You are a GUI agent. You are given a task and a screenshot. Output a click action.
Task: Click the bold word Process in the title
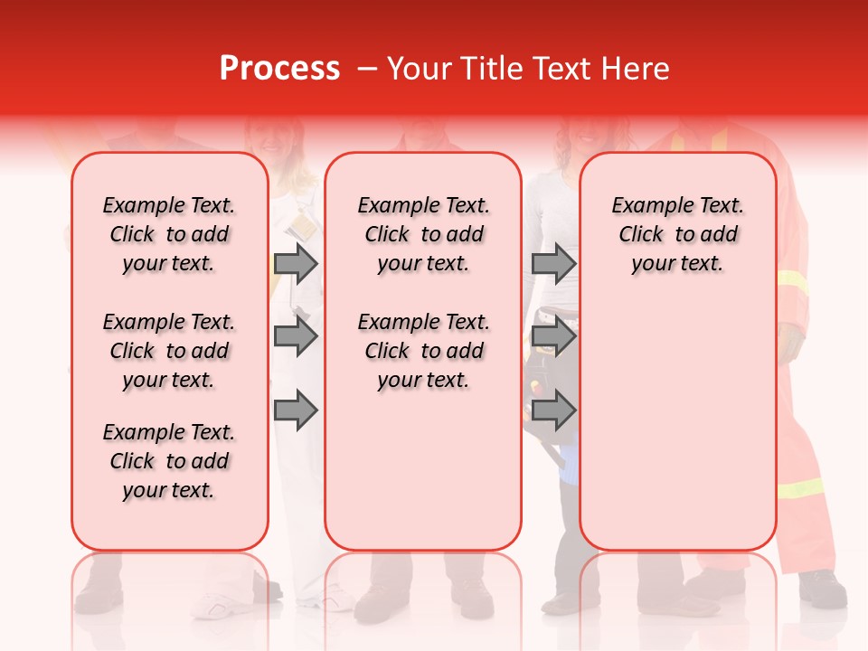pyautogui.click(x=279, y=69)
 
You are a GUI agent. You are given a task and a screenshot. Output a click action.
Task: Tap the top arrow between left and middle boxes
pyautogui.click(x=296, y=263)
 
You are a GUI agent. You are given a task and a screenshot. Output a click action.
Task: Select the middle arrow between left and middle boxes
pyautogui.click(x=296, y=337)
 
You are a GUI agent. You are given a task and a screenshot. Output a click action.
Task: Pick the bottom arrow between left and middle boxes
pyautogui.click(x=296, y=410)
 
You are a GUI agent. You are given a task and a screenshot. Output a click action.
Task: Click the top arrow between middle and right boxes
pyautogui.click(x=553, y=263)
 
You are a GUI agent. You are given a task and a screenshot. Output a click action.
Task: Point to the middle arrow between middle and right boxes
pyautogui.click(x=553, y=337)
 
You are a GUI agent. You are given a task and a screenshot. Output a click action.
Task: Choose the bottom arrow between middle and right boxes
pyautogui.click(x=553, y=410)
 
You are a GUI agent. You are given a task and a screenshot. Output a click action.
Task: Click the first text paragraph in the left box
pyautogui.click(x=169, y=234)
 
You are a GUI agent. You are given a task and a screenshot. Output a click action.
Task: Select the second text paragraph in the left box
pyautogui.click(x=169, y=351)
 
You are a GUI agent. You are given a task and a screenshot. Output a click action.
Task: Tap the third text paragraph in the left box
pyautogui.click(x=169, y=461)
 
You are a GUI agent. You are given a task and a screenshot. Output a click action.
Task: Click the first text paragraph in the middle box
pyautogui.click(x=423, y=234)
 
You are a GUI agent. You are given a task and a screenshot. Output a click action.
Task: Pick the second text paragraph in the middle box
pyautogui.click(x=423, y=351)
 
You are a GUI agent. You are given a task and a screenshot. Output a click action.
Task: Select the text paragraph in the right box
pyautogui.click(x=677, y=234)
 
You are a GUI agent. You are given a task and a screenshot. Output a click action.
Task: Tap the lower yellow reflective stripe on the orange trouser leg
pyautogui.click(x=800, y=489)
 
